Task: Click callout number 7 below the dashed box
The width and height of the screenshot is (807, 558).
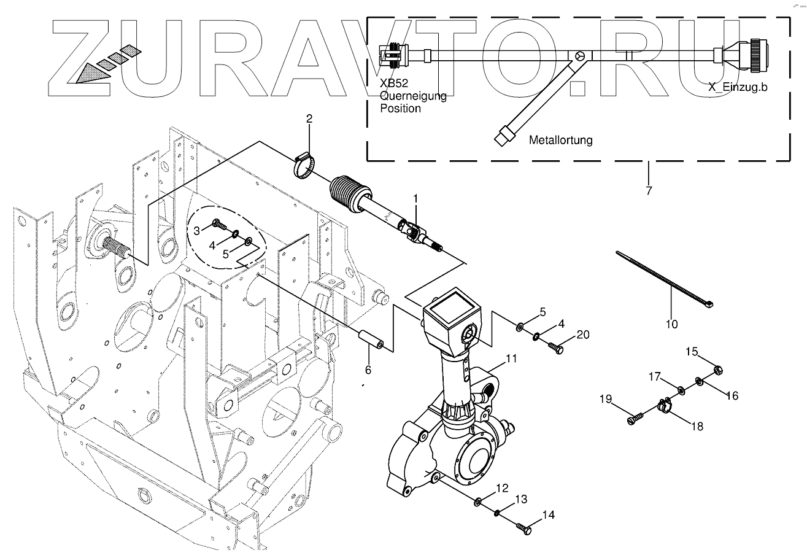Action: tap(648, 190)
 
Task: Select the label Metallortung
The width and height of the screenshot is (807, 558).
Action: tap(561, 140)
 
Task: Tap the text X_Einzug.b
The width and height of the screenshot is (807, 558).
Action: tap(738, 87)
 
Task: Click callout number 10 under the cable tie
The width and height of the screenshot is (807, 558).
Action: tap(672, 324)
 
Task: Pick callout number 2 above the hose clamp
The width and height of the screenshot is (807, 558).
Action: tap(309, 118)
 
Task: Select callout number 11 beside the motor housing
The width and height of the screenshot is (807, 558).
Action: tap(511, 358)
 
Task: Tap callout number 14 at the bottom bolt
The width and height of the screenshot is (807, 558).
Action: tap(548, 516)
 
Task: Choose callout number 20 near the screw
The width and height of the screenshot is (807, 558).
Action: tap(582, 335)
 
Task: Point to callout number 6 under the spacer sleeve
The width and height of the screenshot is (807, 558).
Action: tap(368, 370)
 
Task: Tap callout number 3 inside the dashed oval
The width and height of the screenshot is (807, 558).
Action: tap(197, 230)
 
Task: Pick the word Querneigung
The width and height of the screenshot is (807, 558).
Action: tap(414, 97)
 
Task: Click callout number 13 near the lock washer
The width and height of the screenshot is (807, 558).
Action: tap(520, 500)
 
